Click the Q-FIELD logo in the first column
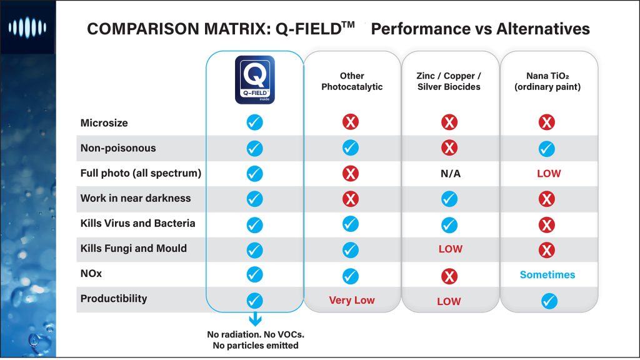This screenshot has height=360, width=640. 254,79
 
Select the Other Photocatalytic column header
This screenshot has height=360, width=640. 352,81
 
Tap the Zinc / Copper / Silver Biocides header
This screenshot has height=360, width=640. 449,81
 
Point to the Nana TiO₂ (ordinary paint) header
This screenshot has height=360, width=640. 547,81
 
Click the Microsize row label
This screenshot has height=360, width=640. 104,123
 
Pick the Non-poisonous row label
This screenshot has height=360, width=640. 118,148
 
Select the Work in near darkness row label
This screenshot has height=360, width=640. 136,198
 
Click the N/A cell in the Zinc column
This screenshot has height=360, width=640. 450,174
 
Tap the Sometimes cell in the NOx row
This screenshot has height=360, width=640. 547,275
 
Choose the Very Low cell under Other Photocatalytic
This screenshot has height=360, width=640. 352,301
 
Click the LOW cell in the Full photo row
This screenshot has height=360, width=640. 548,174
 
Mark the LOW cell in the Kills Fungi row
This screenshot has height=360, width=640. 450,249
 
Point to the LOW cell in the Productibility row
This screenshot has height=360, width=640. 449,301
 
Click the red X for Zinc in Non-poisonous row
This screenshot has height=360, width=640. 449,148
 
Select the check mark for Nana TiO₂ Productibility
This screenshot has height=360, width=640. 548,301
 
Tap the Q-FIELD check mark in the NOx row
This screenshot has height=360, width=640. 254,274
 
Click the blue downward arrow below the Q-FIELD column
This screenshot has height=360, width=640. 254,319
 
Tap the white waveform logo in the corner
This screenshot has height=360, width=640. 27,28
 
